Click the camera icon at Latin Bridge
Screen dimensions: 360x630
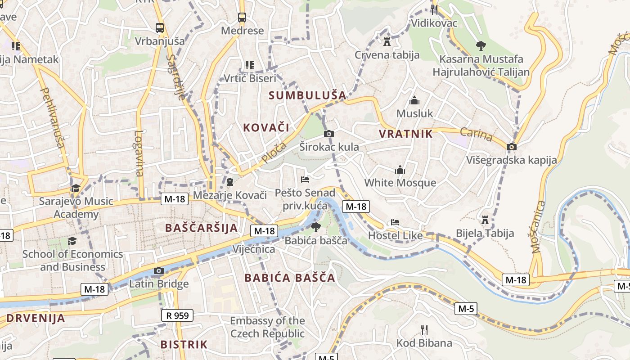[158, 270]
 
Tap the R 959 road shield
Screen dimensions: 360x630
[177, 315]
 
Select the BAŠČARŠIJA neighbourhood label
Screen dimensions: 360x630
[201, 228]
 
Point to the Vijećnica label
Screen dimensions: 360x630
[254, 249]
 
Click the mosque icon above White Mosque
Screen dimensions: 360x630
[400, 170]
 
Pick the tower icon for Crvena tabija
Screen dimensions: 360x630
[387, 42]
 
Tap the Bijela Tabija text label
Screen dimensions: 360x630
[485, 233]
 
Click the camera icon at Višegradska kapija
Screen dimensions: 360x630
[511, 147]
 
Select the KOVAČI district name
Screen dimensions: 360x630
[266, 127]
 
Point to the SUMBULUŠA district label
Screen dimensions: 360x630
[308, 95]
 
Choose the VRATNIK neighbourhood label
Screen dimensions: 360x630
[405, 134]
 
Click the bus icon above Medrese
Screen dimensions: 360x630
[242, 18]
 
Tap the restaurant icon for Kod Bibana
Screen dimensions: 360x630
[424, 330]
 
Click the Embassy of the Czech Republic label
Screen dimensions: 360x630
[267, 327]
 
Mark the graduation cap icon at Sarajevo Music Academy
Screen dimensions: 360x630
[75, 188]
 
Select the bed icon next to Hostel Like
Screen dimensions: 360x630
[395, 222]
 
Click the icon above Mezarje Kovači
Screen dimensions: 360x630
[230, 182]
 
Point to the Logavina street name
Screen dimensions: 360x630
[139, 153]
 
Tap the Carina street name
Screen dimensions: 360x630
[476, 134]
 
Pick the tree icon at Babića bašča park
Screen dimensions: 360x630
[316, 227]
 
